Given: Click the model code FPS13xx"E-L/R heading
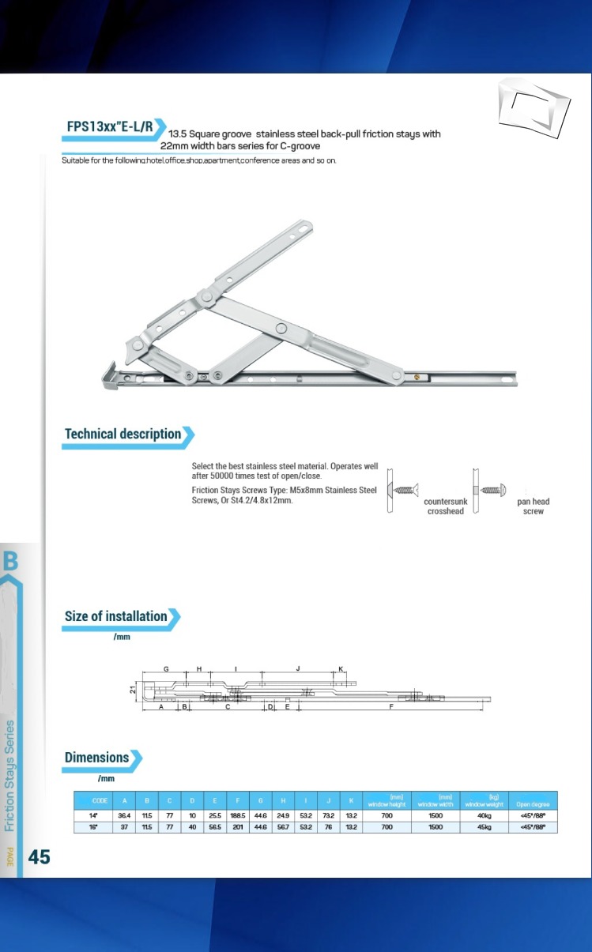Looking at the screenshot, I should point(109,128).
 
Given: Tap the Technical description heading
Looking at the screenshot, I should point(123,434).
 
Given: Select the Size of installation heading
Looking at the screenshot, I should point(116,616).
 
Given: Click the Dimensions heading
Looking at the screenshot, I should point(96,758).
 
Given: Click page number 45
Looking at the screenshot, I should point(40,856).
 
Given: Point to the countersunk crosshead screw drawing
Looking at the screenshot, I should point(405,491).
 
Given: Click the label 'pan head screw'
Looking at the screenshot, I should point(534,506).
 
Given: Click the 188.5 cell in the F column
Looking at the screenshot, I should point(237,814).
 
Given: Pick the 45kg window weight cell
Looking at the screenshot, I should point(485,827).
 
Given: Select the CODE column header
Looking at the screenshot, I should point(100,800).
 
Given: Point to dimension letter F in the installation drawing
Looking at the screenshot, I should point(392,708).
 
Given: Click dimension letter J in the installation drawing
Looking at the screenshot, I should point(297,668).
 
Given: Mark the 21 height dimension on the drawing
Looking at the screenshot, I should point(133,690).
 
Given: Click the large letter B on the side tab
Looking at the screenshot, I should point(11,562).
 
